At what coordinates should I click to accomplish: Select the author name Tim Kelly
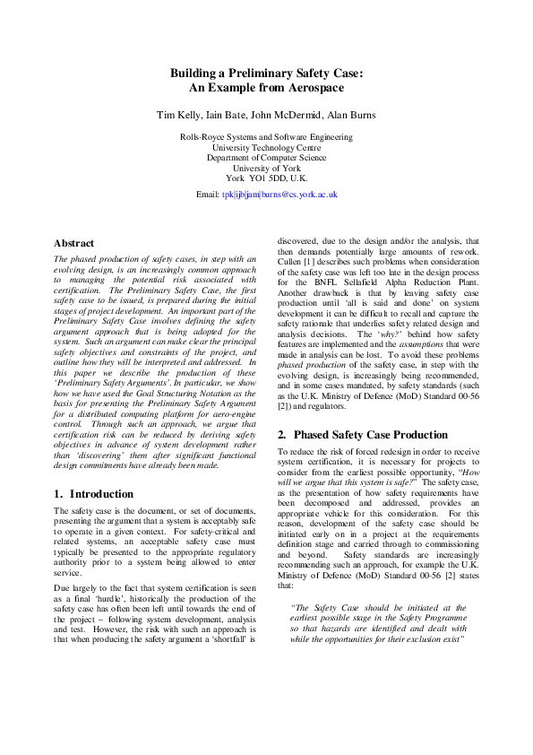(x=180, y=116)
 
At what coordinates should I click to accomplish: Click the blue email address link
(x=279, y=194)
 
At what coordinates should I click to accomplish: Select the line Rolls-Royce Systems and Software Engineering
(x=266, y=137)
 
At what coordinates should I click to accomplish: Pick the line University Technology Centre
(x=266, y=147)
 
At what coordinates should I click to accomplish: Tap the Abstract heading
(x=73, y=243)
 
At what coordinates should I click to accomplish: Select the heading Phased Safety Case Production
(x=365, y=434)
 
